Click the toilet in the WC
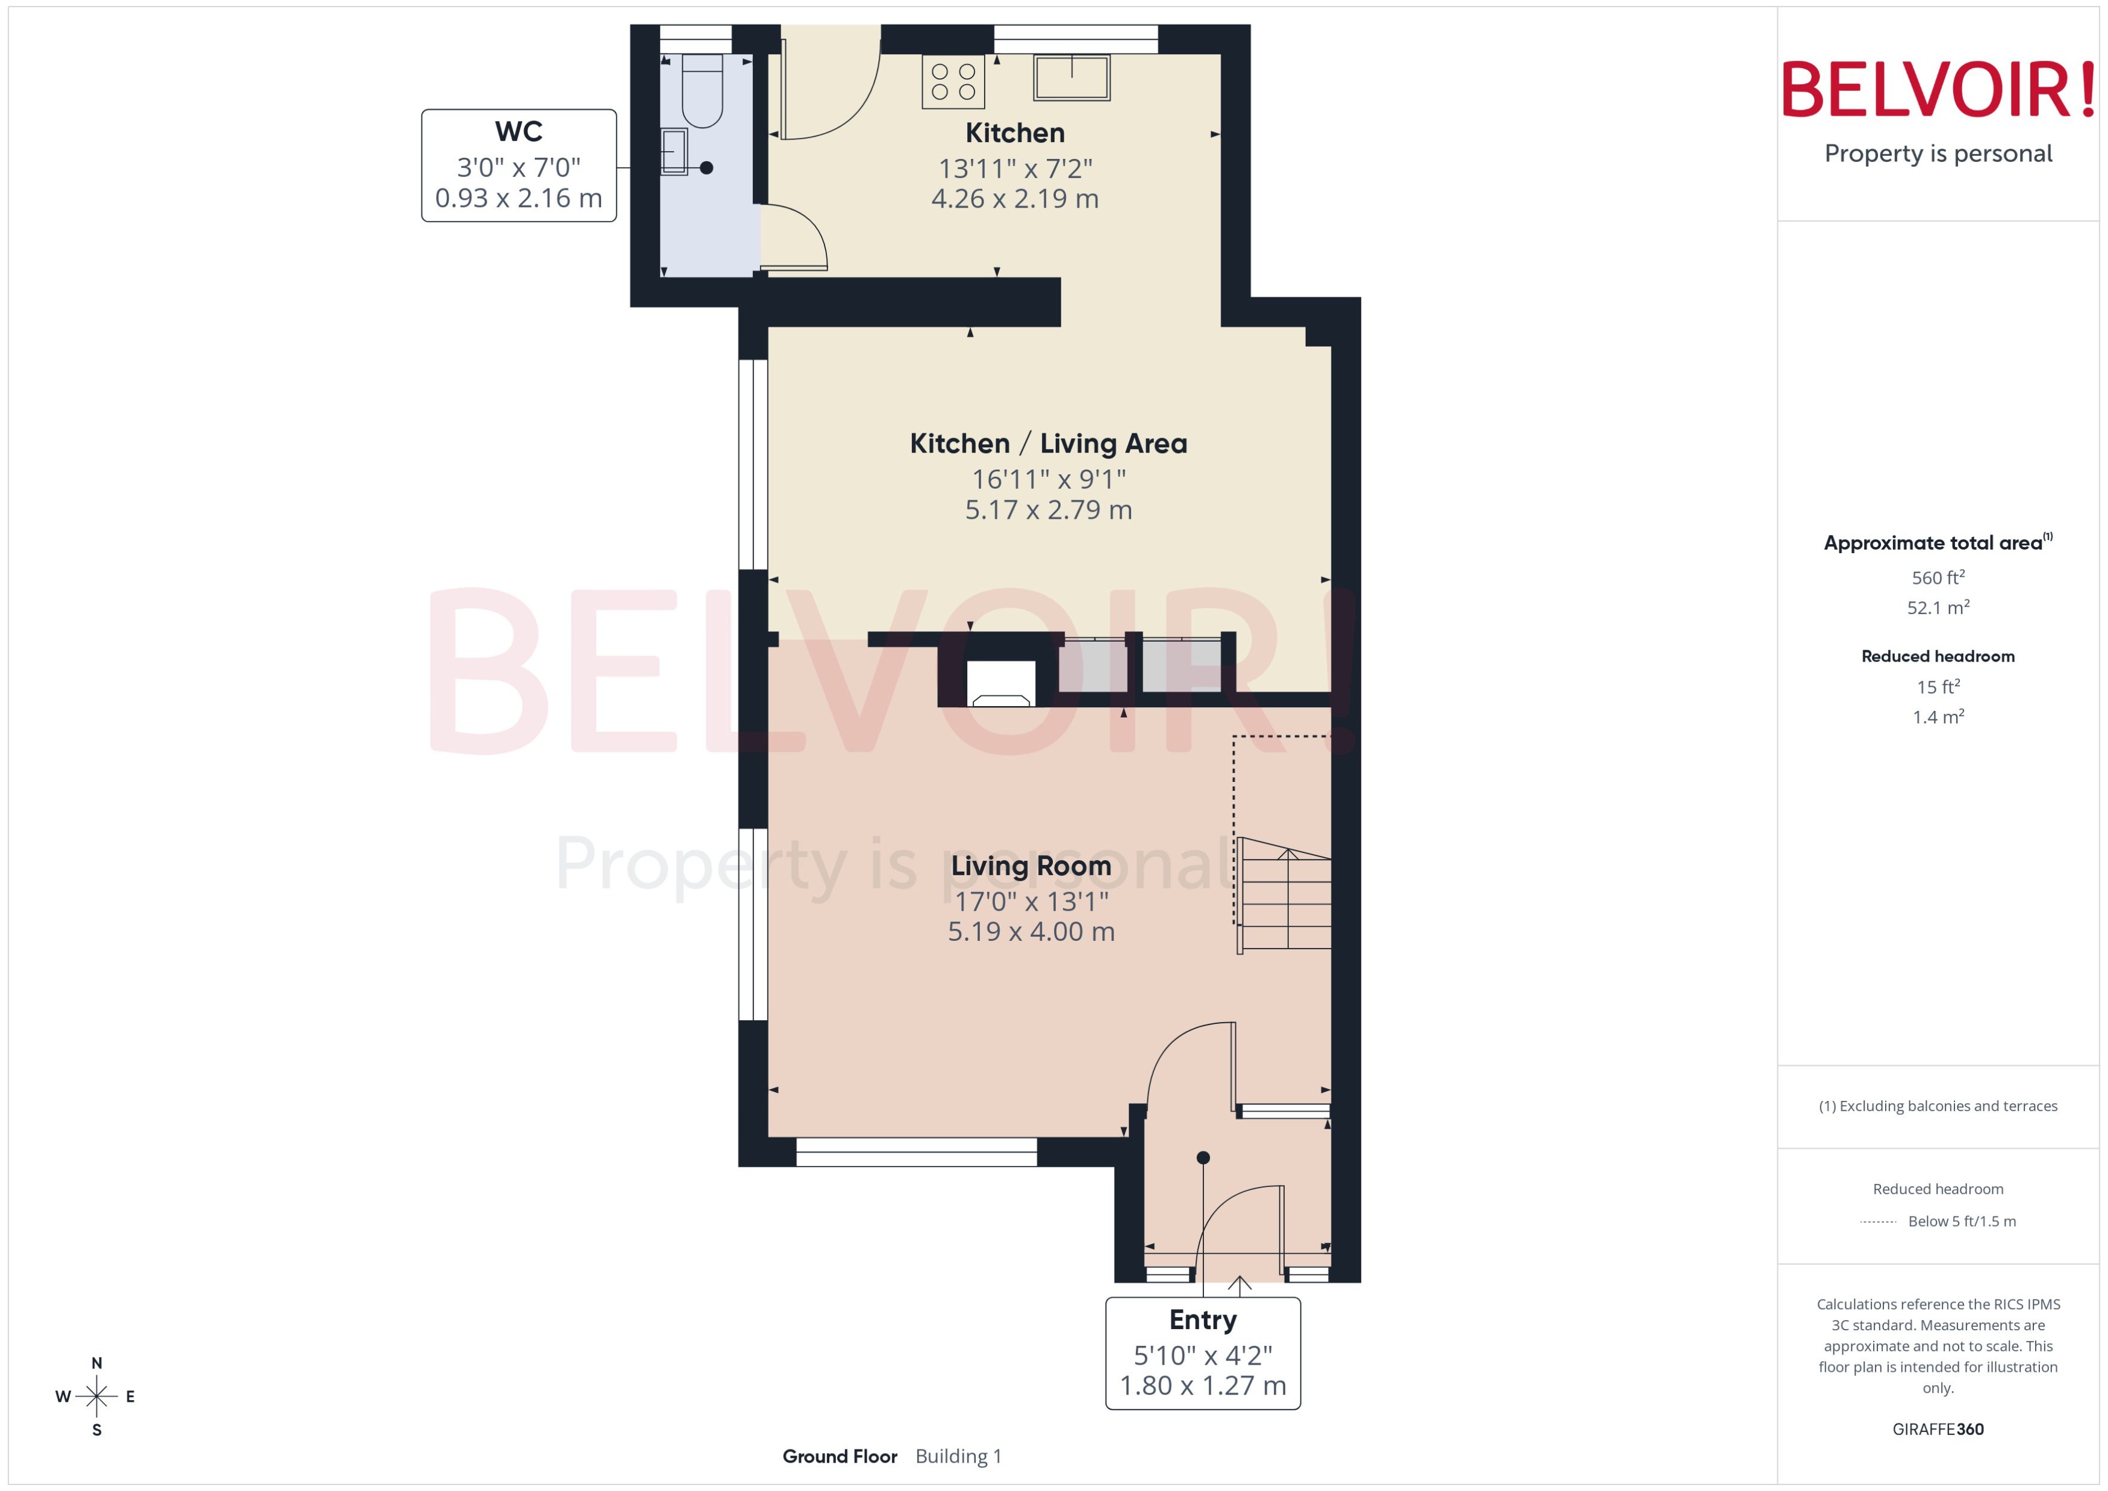pos(703,92)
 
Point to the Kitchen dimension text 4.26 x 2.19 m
pos(1014,198)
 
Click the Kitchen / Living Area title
pos(1047,444)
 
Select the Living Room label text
pos(1030,865)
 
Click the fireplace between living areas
pos(1000,684)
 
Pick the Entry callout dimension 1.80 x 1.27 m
pos(1202,1384)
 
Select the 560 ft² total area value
pos(1937,577)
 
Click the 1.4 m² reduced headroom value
pos(1937,717)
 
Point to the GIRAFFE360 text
pos(1937,1428)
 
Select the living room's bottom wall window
pos(915,1152)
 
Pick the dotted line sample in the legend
pos(1877,1222)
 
